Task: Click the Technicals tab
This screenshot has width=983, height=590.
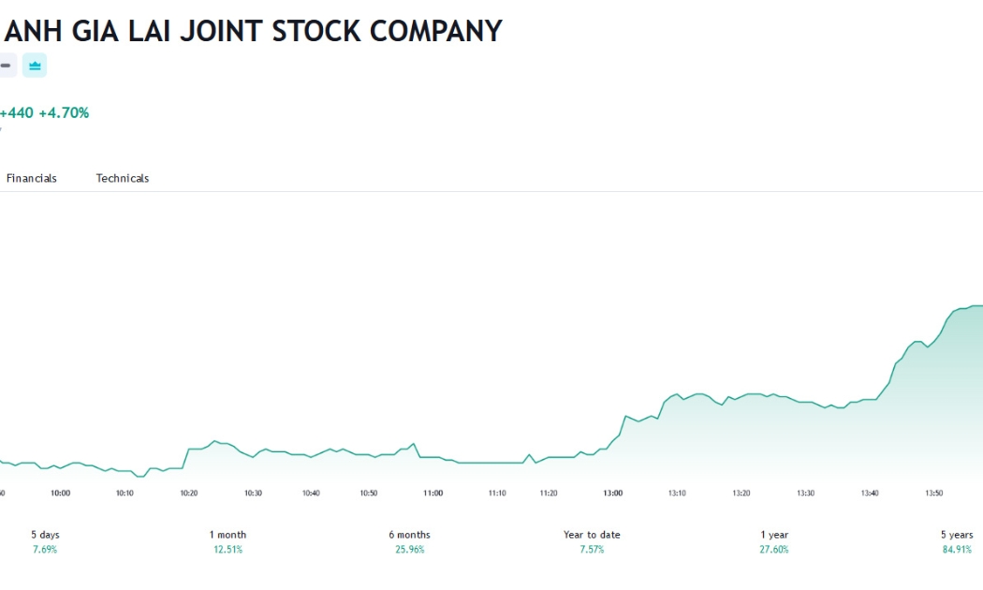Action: point(123,178)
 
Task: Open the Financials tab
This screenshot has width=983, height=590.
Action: point(31,178)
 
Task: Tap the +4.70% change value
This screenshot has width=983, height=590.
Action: point(64,113)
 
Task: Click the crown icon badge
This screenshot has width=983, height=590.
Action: point(35,66)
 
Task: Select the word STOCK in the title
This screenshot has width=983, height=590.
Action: point(316,31)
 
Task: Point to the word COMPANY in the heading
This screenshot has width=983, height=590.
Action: point(435,31)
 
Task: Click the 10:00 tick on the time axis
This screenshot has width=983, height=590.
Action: point(60,493)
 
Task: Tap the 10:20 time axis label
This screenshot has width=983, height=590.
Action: point(189,493)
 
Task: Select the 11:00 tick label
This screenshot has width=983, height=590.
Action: point(433,493)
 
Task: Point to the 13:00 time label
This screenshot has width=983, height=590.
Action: point(613,493)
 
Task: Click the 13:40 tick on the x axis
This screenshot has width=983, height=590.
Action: point(870,493)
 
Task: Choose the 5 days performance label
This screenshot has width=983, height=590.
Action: point(45,535)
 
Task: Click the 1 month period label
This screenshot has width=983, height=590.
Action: point(227,535)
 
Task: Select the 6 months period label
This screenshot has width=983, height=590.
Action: point(409,535)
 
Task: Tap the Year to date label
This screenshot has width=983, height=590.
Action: point(592,535)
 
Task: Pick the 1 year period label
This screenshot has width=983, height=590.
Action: point(774,535)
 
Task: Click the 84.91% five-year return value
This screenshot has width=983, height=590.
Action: point(957,550)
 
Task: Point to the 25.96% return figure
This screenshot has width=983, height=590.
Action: point(409,550)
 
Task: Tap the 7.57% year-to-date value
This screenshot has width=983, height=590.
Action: point(592,550)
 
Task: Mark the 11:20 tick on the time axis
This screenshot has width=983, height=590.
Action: point(549,493)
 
